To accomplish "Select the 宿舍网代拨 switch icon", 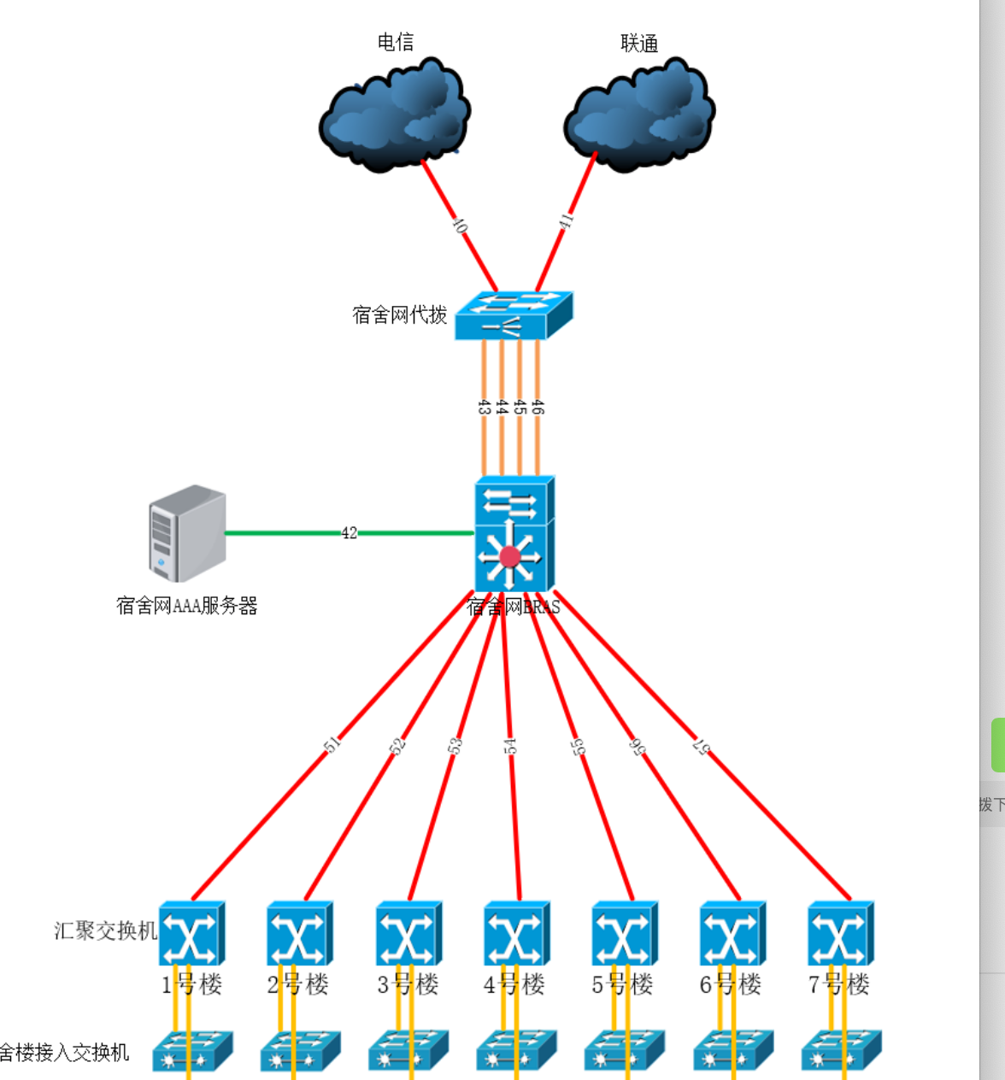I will tap(513, 316).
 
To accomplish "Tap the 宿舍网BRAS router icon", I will tap(514, 534).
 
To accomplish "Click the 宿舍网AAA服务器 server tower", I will tap(187, 533).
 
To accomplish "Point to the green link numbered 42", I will tap(349, 533).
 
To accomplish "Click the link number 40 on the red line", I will tap(460, 226).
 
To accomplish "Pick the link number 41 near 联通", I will tap(566, 220).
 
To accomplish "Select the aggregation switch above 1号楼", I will tap(191, 934).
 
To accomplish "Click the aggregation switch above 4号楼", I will tap(516, 934).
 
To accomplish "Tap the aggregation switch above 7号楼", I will tap(840, 934).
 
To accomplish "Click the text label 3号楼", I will tap(408, 984).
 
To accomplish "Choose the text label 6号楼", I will tap(731, 984).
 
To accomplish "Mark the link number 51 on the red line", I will tap(332, 744).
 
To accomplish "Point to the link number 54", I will tap(510, 746).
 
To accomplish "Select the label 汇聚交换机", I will tap(106, 930).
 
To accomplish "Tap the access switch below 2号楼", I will tap(300, 1052).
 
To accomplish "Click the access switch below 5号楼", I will tap(624, 1052).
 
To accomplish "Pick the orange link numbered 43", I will tap(484, 408).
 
